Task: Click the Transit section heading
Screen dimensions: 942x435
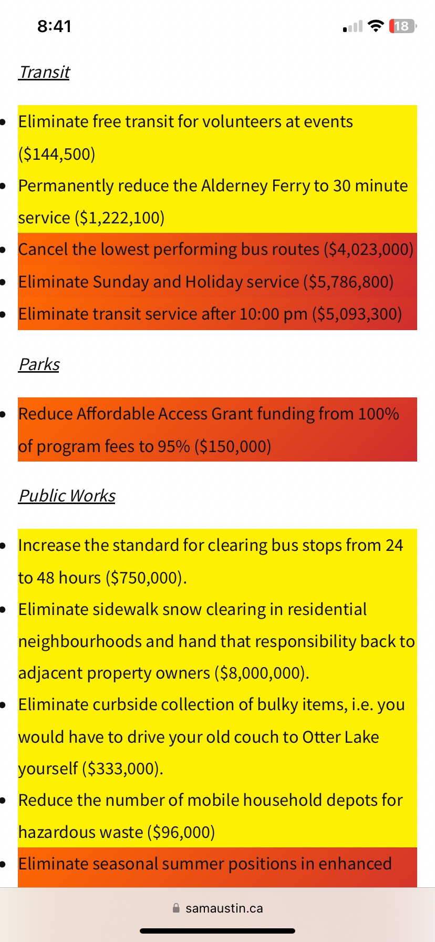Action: [x=44, y=72]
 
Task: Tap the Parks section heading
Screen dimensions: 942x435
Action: [x=39, y=364]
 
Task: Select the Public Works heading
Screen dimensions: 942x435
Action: [x=67, y=496]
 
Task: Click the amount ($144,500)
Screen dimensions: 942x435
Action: [x=57, y=154]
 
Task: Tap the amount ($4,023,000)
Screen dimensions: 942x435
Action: [x=369, y=249]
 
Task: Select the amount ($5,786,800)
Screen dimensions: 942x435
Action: [x=348, y=282]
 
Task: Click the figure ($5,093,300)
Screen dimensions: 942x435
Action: [x=357, y=314]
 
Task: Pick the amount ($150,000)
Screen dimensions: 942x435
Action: [x=233, y=446]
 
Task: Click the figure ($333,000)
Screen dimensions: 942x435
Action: [x=122, y=769]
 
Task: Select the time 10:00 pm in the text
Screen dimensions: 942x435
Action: [x=273, y=314]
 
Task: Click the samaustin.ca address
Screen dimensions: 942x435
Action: [x=224, y=908]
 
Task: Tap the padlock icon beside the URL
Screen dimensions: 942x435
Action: [x=177, y=908]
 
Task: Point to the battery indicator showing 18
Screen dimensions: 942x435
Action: [x=402, y=26]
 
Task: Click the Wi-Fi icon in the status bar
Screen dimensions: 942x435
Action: [x=376, y=26]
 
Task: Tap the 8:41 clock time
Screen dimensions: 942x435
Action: [x=54, y=26]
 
